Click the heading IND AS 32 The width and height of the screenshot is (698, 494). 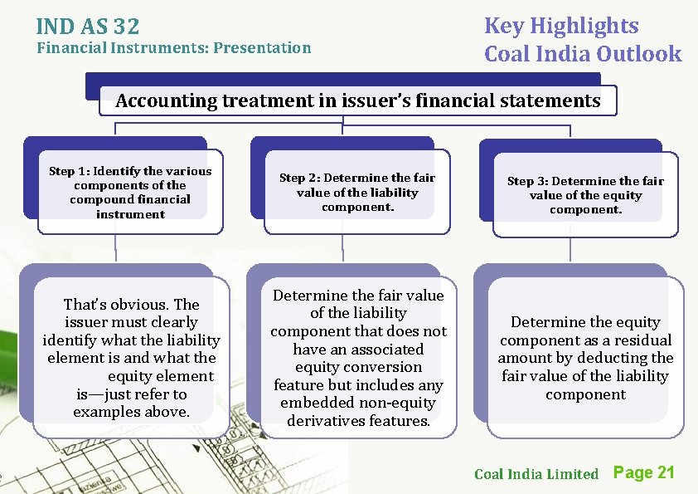pyautogui.click(x=88, y=26)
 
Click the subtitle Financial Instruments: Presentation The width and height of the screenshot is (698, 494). pyautogui.click(x=174, y=47)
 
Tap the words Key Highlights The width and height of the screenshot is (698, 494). pyautogui.click(x=561, y=26)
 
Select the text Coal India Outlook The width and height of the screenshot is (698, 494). pyautogui.click(x=583, y=55)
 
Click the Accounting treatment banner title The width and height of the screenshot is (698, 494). pyautogui.click(x=358, y=101)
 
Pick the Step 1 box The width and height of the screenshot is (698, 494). pyautogui.click(x=130, y=193)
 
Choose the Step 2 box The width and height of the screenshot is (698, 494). pyautogui.click(x=356, y=193)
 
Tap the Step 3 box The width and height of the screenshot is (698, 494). pyautogui.click(x=585, y=195)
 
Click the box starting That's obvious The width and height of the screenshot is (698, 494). pyautogui.click(x=131, y=358)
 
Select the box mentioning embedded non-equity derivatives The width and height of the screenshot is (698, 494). pyautogui.click(x=358, y=358)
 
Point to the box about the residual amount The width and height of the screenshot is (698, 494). pyautogui.click(x=585, y=358)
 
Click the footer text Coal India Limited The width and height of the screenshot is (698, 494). pyautogui.click(x=536, y=474)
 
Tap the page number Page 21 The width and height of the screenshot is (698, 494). pyautogui.click(x=643, y=472)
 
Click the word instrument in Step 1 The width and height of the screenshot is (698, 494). pyautogui.click(x=130, y=214)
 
